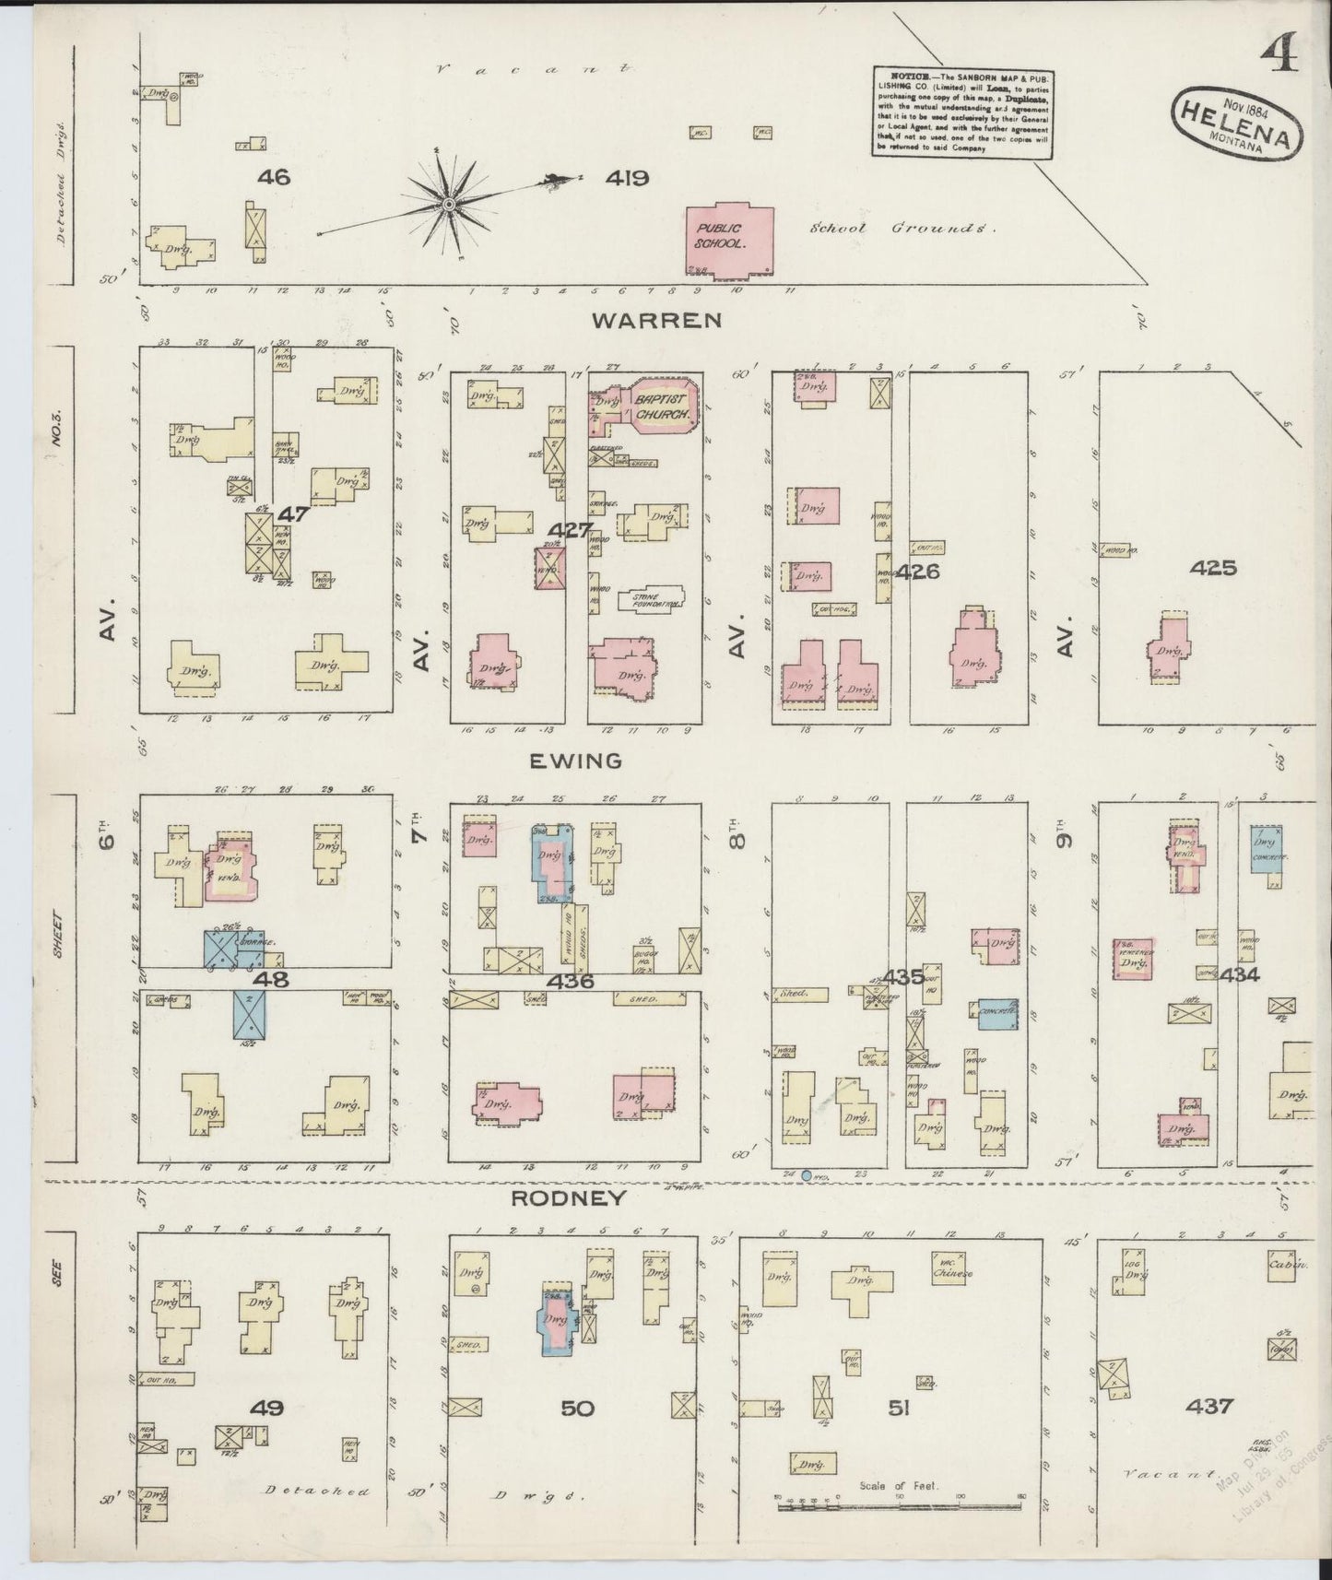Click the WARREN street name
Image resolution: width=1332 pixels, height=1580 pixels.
(655, 320)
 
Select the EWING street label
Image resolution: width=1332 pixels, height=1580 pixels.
(575, 761)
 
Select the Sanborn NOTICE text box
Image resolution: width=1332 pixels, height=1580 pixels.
(962, 112)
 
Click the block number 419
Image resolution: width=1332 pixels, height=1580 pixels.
(627, 178)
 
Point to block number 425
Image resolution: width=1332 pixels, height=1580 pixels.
(1212, 568)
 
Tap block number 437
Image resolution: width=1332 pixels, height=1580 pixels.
(1210, 1407)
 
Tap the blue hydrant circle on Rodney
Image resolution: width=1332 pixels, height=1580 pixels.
(807, 1176)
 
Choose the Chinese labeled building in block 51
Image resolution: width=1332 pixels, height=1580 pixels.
(952, 1268)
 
